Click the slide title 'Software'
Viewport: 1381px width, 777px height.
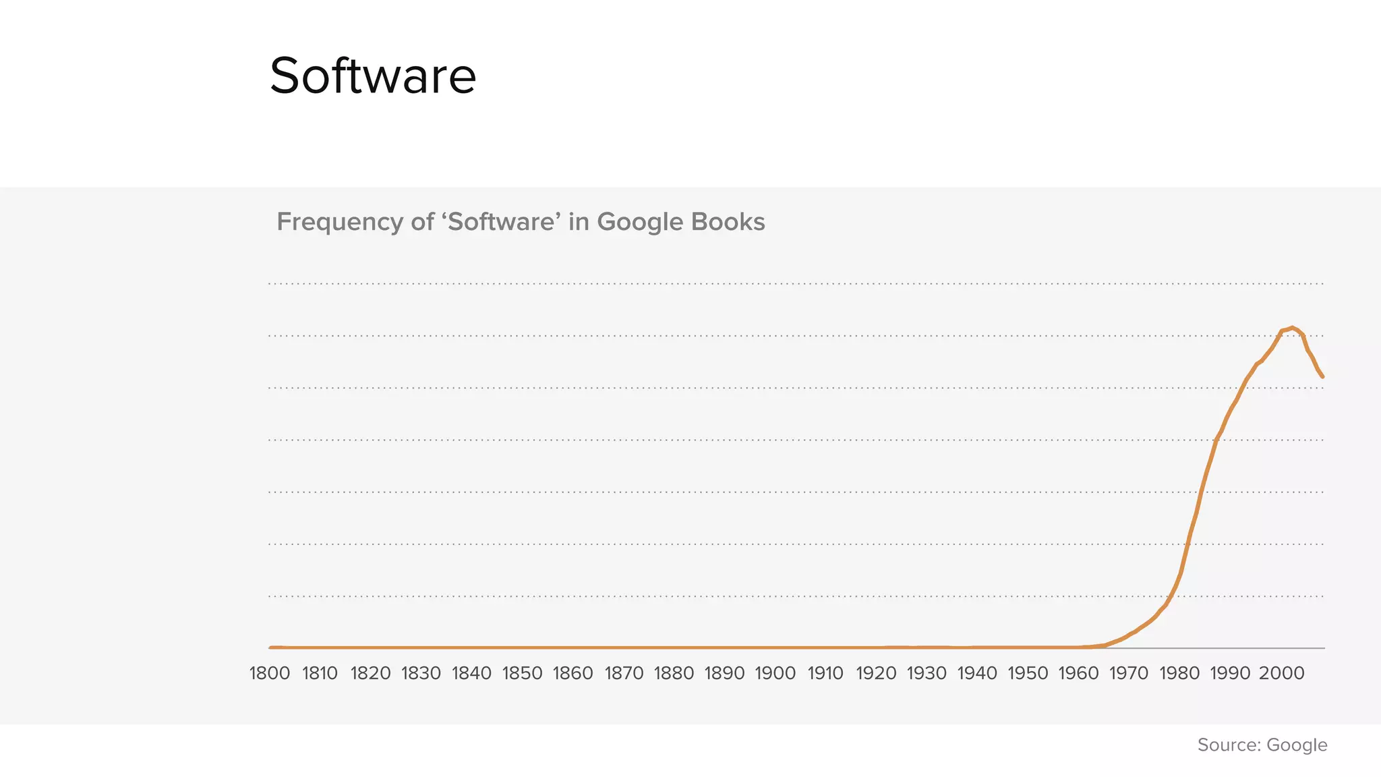pos(373,76)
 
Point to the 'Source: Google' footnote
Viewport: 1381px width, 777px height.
pos(1262,745)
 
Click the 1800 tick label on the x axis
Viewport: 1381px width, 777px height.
pos(270,673)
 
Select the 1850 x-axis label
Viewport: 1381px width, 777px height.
pos(523,673)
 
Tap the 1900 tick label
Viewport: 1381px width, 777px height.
pos(775,673)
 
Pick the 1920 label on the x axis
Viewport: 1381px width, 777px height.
pos(876,673)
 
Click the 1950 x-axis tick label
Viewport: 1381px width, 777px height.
pos(1028,673)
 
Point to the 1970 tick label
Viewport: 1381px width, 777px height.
pos(1129,673)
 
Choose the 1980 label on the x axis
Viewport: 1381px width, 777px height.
pos(1179,673)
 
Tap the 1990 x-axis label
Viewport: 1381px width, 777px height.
pos(1230,673)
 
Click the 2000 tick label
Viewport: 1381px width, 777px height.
pos(1281,673)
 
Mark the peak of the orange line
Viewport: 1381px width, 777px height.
pos(1292,327)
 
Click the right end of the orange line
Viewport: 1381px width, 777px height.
pos(1323,376)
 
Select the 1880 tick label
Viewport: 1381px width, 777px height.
pos(674,673)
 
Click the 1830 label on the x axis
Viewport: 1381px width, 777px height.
pos(421,673)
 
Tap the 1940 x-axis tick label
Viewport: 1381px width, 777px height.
pos(977,673)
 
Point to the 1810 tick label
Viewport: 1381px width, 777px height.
pos(320,673)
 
